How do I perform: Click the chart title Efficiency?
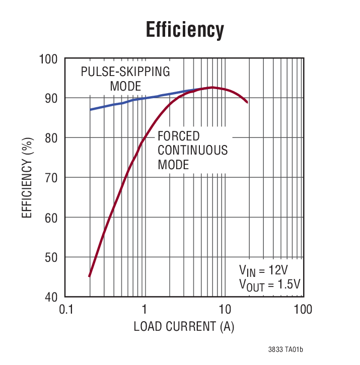point(184,30)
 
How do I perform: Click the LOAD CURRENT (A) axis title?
point(184,327)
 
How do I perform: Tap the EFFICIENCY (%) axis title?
point(27,178)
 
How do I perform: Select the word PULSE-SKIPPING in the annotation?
point(125,71)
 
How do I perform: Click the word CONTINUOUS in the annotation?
point(192,150)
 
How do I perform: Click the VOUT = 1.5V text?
point(270,285)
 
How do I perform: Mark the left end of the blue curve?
point(91,109)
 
